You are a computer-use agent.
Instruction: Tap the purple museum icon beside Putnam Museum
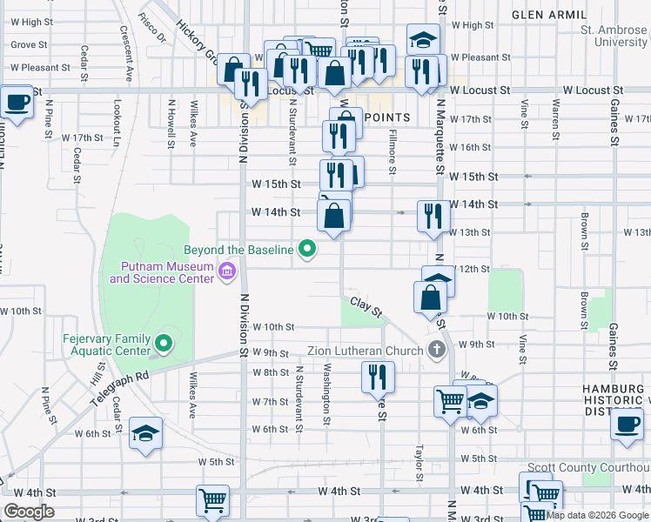[227, 272]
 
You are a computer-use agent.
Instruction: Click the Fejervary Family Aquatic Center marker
[162, 340]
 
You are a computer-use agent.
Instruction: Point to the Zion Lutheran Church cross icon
[438, 351]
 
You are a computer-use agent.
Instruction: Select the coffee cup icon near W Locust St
[18, 103]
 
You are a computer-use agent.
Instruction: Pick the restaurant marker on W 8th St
[378, 377]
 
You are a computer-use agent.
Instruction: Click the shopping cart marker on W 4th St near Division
[212, 500]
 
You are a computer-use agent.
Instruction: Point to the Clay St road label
[366, 306]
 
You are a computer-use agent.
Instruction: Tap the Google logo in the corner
[29, 512]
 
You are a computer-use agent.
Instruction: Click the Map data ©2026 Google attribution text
[597, 515]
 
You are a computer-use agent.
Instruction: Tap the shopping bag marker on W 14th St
[334, 214]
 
